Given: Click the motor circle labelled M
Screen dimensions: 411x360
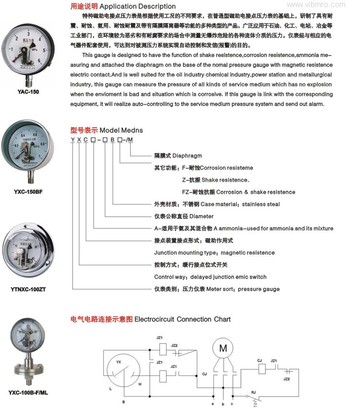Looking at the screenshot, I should click(223, 349).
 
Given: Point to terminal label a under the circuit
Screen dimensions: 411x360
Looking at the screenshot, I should click(213, 404).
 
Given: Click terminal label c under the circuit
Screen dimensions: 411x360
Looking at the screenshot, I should click(232, 404).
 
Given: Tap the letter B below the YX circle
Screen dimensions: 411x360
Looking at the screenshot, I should click(123, 401).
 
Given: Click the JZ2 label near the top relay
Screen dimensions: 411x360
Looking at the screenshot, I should click(174, 345).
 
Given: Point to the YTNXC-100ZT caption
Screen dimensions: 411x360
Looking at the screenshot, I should click(28, 289).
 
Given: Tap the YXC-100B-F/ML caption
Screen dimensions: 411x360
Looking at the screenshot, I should click(28, 393).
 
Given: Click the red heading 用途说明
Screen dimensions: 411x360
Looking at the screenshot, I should click(84, 7).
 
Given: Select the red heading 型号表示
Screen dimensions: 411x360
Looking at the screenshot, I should click(84, 130).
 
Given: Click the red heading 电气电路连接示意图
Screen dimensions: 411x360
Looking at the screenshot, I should click(101, 319).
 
